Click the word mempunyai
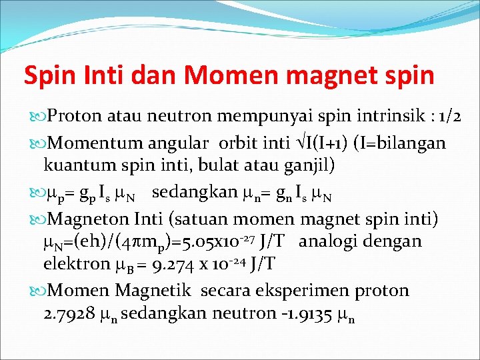262,116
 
